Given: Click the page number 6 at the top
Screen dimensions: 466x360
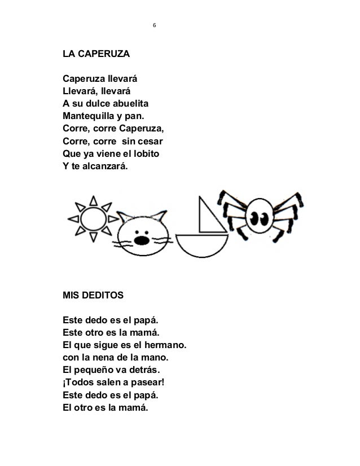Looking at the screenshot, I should point(155,25).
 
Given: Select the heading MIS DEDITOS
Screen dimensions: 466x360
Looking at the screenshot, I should point(94,294).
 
